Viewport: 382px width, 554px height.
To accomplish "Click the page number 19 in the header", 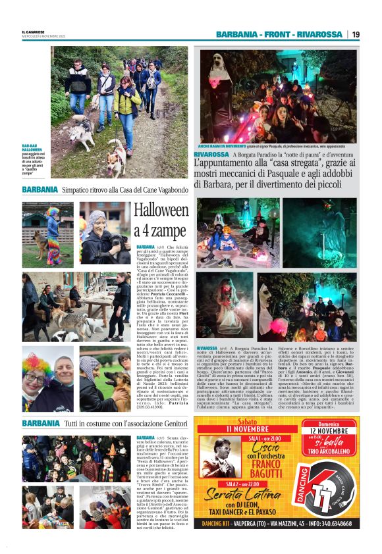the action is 356,34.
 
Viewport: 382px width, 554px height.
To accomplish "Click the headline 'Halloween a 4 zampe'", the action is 161,221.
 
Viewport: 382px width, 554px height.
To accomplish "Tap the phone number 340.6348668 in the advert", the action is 336,524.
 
